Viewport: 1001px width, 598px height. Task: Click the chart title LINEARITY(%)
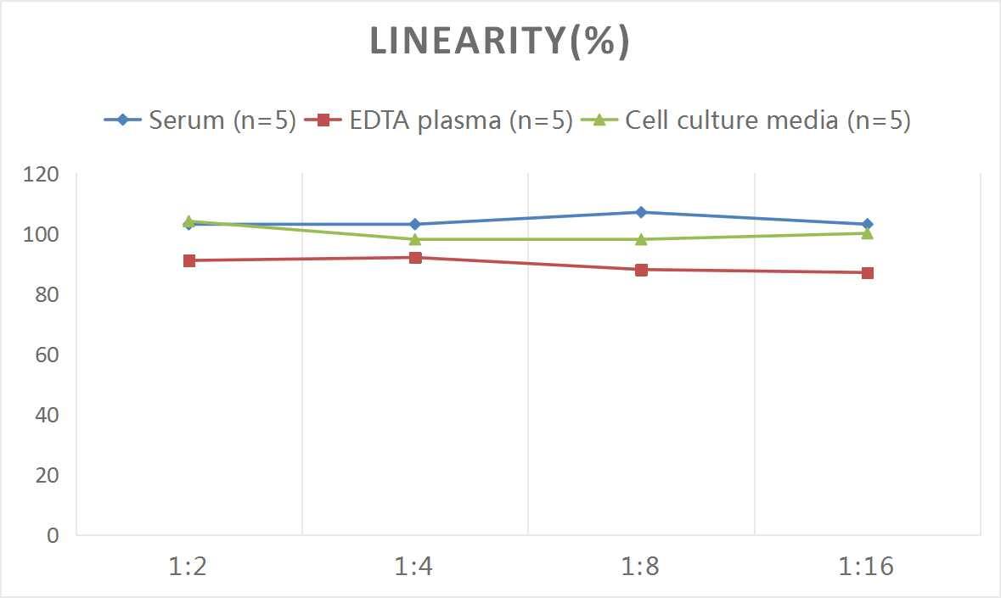499,42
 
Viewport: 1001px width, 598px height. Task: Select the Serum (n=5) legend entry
200,120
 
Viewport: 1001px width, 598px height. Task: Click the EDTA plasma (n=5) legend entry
441,120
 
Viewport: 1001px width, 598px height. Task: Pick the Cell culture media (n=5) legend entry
746,120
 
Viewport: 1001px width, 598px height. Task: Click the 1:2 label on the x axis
188,567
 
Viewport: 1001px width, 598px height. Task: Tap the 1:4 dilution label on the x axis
414,567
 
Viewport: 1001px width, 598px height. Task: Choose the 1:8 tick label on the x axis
641,567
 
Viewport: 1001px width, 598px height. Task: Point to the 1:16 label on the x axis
867,567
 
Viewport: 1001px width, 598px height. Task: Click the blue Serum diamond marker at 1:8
641,212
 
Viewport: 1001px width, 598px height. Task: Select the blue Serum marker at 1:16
867,224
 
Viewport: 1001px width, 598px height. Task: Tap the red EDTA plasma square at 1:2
188,260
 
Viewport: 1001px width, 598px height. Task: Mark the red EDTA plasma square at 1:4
415,257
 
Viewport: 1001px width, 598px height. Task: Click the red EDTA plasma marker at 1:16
867,272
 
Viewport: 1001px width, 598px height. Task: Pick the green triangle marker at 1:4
415,238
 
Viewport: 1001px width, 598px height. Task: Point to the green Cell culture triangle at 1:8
641,238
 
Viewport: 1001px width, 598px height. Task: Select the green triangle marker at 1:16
867,232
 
